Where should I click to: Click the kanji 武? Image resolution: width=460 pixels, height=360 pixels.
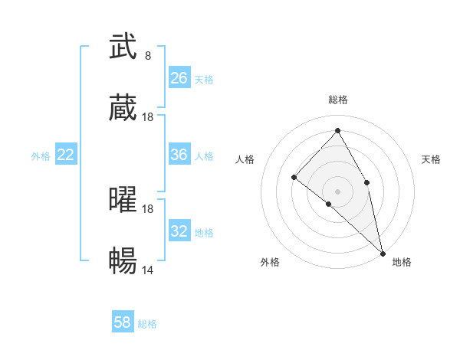point(123,47)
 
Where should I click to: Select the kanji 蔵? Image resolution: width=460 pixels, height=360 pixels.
point(123,109)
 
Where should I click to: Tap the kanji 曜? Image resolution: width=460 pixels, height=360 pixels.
point(123,200)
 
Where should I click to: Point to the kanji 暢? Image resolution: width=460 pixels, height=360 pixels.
point(123,262)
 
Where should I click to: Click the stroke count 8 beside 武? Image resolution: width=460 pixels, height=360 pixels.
point(147,56)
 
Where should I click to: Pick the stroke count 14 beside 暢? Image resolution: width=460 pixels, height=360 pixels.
point(148,270)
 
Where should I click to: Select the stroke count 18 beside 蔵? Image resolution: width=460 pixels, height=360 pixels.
point(148,117)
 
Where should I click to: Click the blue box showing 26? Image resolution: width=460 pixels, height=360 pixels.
point(179,77)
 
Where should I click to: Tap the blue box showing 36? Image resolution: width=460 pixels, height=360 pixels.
point(179,155)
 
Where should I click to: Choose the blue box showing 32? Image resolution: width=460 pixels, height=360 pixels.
point(179,231)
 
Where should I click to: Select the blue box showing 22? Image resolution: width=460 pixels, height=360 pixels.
point(66,155)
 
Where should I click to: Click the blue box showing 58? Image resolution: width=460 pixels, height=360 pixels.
point(123,322)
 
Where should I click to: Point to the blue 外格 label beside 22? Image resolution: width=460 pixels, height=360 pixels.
point(41,156)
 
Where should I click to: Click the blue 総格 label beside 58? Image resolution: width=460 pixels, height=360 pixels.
point(147,324)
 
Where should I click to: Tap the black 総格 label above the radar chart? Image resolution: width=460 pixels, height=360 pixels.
point(337,100)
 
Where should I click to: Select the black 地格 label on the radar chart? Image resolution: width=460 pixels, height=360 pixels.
point(402,262)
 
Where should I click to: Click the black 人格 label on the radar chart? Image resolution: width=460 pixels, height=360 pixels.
point(245,159)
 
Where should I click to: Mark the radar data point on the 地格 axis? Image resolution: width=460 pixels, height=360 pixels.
point(382,252)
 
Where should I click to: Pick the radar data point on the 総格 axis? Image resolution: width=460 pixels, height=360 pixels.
point(337,130)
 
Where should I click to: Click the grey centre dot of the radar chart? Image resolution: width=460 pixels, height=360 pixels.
point(337,191)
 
